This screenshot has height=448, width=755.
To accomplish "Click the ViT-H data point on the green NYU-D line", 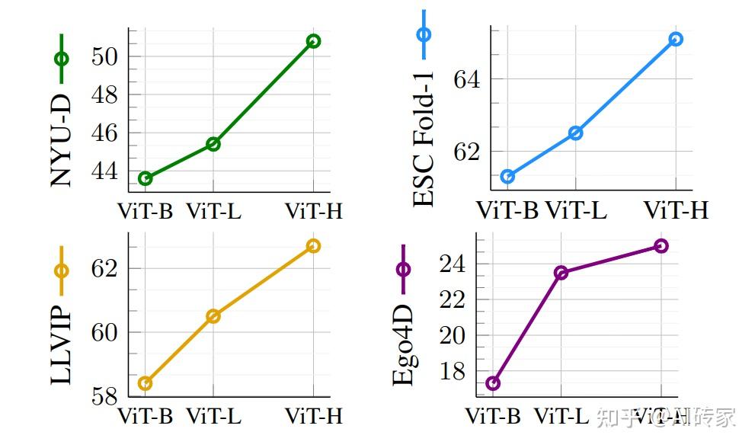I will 313,41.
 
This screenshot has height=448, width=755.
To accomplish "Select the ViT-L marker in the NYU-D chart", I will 213,144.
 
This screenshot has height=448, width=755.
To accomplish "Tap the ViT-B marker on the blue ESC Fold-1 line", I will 507,177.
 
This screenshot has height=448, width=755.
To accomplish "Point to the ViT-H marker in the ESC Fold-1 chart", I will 676,39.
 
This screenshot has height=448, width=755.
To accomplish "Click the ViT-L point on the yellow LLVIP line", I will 213,316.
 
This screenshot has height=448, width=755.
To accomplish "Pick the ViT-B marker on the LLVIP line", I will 145,383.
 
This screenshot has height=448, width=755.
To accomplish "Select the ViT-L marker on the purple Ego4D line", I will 561,273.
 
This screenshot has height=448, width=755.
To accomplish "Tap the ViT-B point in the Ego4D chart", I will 493,383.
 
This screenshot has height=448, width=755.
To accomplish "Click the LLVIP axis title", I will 62,346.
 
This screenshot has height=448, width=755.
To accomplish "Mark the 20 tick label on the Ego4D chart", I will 451,336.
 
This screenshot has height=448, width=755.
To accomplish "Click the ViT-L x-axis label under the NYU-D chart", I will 213,211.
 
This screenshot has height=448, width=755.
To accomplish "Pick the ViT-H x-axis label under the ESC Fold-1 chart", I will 676,210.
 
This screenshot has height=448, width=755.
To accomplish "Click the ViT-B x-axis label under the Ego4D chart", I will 493,417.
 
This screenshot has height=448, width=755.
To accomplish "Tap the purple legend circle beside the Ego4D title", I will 403,269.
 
